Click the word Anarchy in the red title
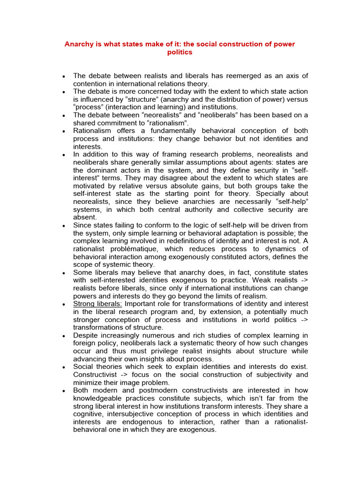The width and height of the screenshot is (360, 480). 78,44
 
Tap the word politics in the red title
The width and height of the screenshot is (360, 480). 180,52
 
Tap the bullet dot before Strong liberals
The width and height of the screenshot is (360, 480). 63,305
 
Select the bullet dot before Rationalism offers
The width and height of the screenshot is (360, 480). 63,131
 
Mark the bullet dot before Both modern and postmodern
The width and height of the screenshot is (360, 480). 63,391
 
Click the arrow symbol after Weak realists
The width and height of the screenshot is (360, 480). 303,280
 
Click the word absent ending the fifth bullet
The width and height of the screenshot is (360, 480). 84,217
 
